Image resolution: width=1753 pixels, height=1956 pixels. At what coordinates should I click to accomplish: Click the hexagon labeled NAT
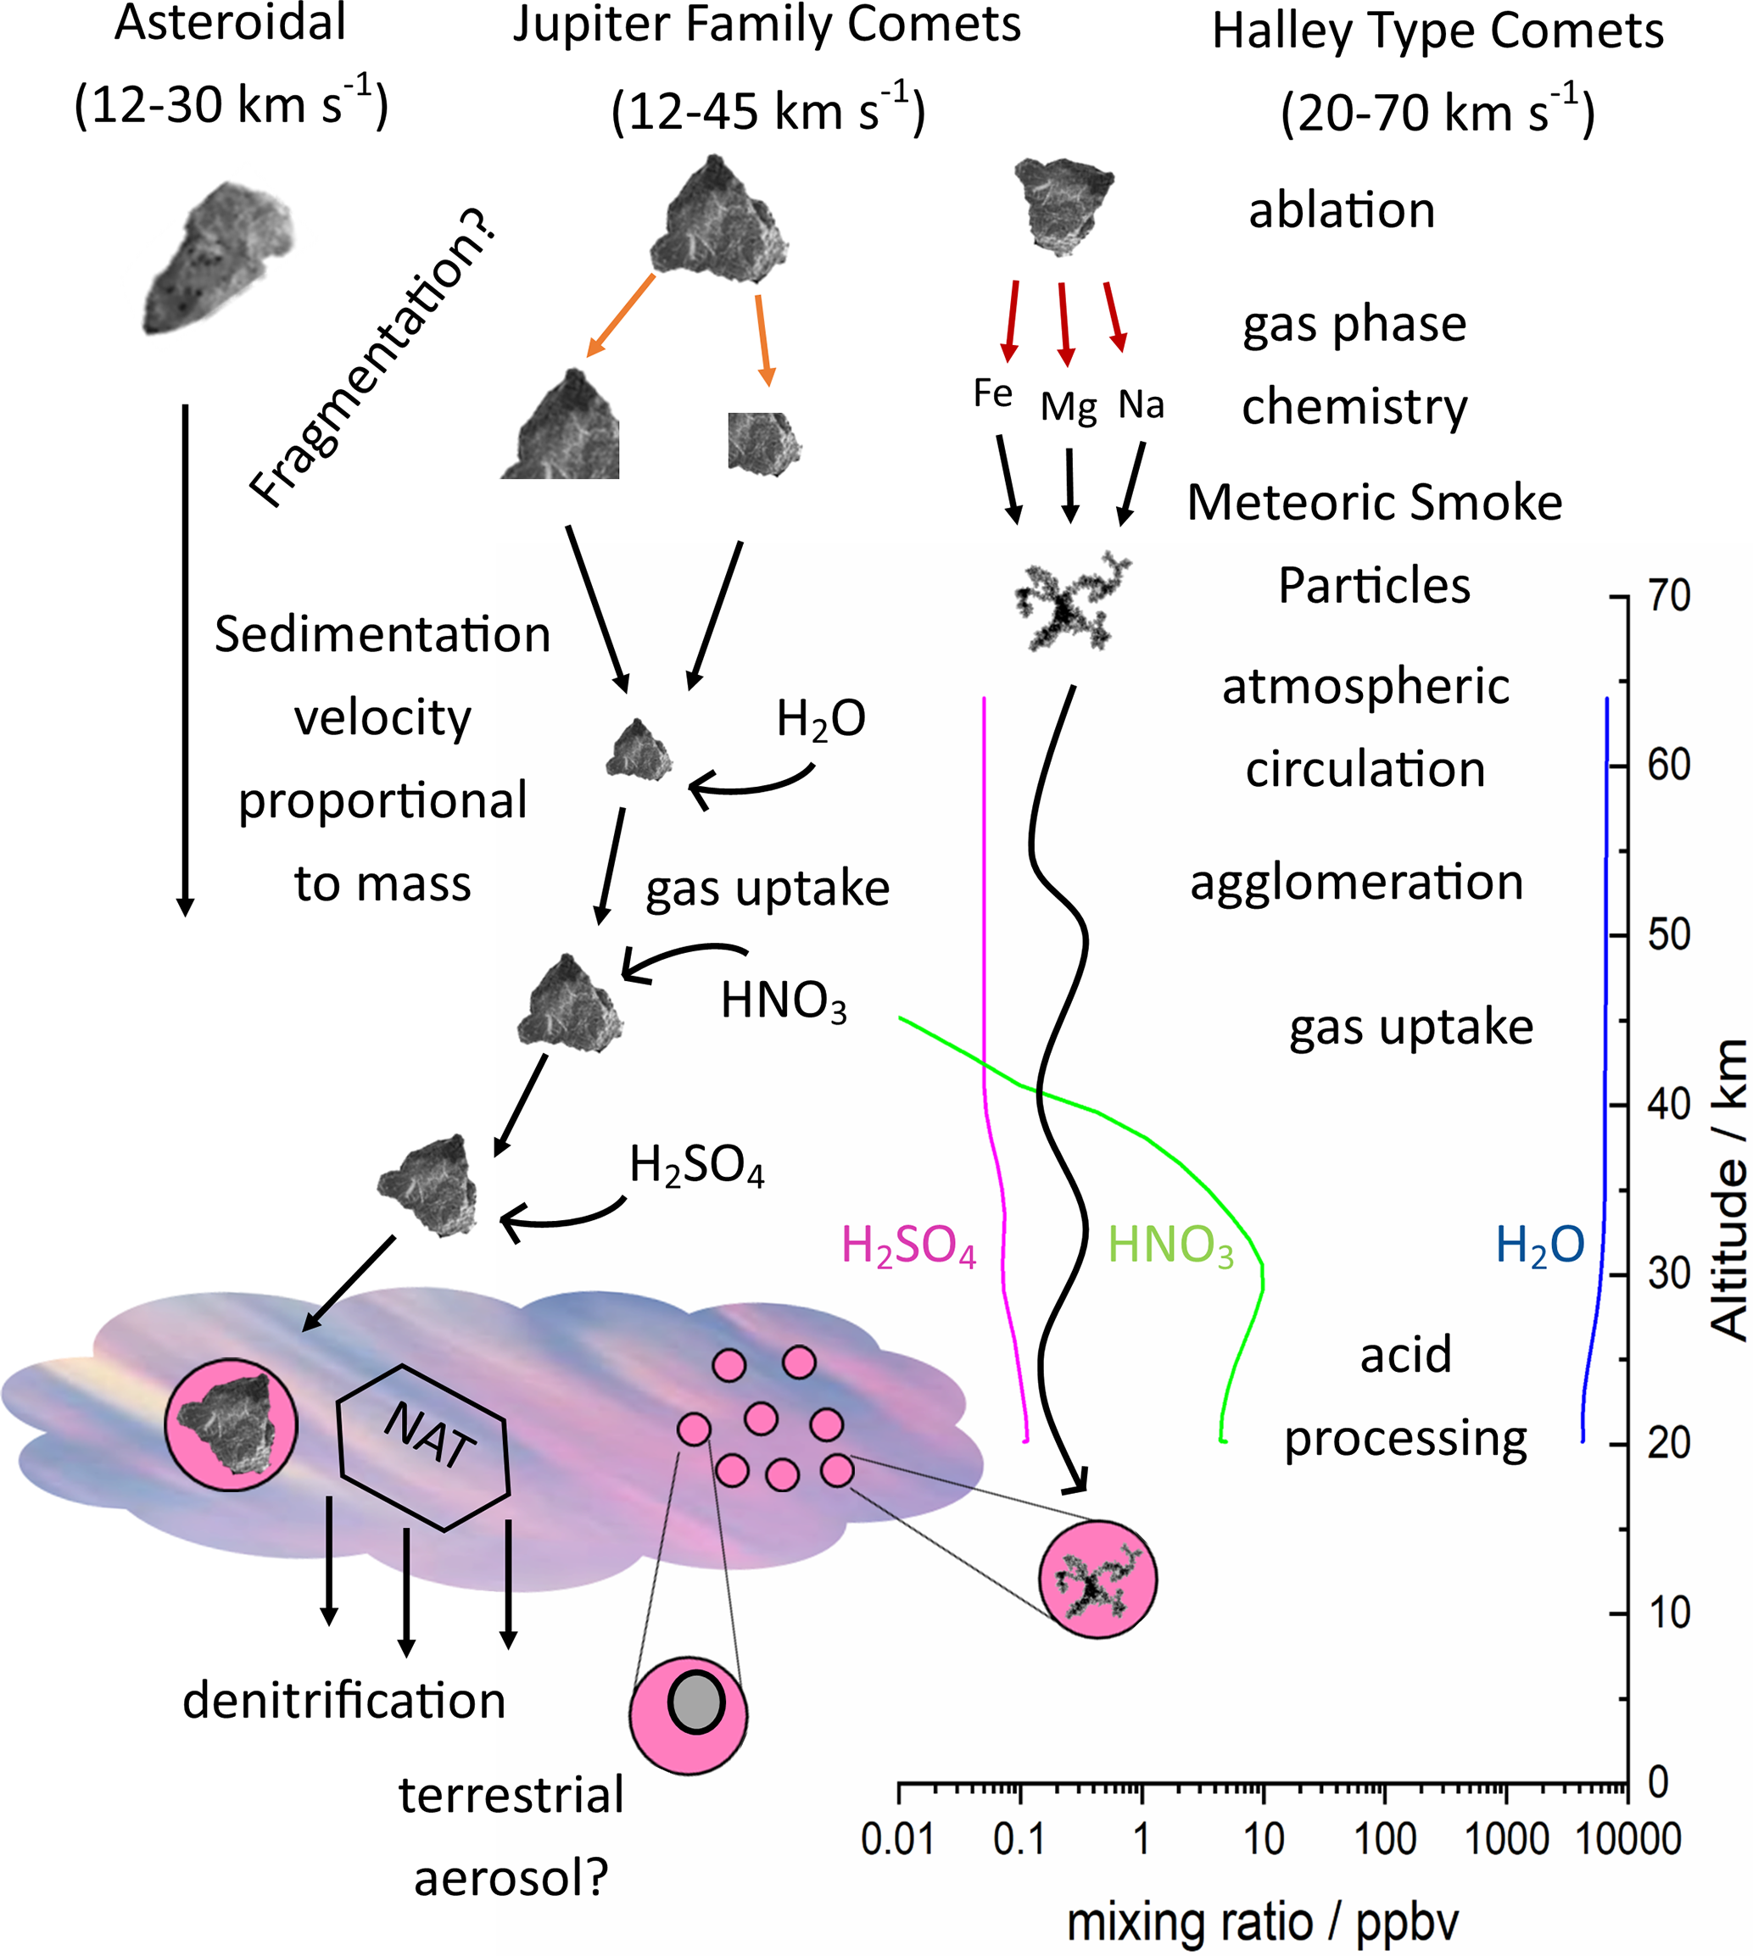click(424, 1447)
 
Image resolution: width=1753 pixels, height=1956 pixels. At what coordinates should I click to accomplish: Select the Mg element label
click(1069, 407)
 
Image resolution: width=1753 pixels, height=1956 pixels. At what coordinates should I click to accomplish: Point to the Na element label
click(1141, 404)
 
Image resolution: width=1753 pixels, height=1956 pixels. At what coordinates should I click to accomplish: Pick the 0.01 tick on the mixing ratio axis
click(897, 1840)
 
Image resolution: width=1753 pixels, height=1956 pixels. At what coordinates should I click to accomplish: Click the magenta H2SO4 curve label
click(908, 1246)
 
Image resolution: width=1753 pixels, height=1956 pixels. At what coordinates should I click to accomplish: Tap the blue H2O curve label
click(1539, 1245)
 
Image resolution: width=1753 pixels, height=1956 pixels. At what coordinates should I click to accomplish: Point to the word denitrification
click(343, 1700)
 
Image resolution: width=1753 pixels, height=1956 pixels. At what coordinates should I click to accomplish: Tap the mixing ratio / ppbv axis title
click(1262, 1922)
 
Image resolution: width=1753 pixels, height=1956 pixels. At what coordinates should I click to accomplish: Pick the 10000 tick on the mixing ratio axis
click(1627, 1840)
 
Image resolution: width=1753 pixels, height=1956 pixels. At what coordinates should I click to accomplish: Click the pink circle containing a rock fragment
click(232, 1425)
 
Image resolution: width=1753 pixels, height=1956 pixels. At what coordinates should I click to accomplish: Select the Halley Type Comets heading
click(1437, 31)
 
